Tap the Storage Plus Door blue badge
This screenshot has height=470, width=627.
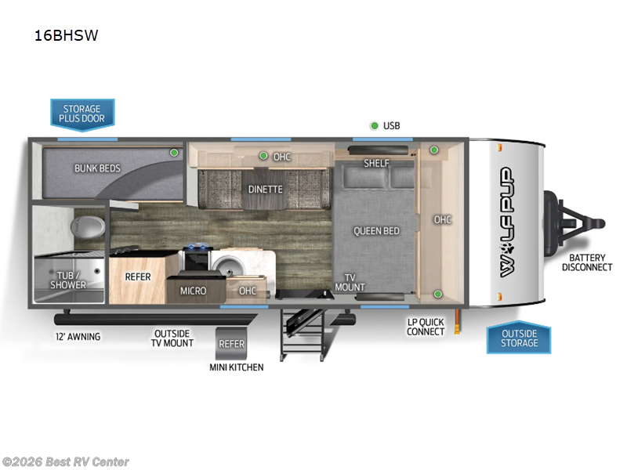pos(82,114)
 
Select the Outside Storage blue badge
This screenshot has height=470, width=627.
pos(519,338)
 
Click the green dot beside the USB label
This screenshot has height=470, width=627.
pos(375,125)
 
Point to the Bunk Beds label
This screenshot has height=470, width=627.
pos(96,168)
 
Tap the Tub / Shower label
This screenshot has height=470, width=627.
pos(69,280)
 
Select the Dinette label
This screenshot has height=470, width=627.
pos(265,189)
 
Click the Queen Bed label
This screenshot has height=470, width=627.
pos(376,230)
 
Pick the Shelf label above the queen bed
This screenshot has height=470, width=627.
pos(377,163)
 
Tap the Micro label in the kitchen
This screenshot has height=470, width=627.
pos(193,291)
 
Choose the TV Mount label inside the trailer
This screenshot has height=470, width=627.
pos(350,282)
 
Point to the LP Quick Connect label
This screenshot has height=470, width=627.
pos(426,327)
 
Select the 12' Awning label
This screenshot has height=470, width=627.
pos(77,337)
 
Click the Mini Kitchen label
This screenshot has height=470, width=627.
pos(236,367)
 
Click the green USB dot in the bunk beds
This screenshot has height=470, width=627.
pos(174,153)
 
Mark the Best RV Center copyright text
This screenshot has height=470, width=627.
pos(66,462)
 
